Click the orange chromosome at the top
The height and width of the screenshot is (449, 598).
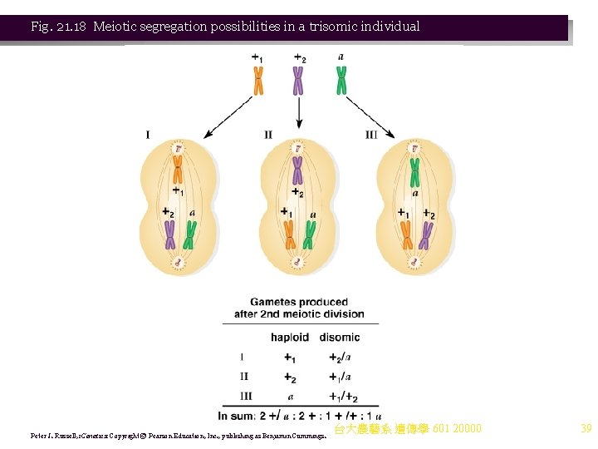click(x=258, y=81)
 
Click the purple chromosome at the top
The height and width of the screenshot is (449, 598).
click(x=298, y=81)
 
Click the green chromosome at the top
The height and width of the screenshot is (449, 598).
click(x=341, y=81)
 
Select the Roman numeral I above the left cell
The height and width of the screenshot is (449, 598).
click(x=148, y=134)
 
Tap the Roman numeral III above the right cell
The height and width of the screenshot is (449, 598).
click(x=370, y=134)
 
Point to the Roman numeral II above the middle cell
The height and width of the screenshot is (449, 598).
click(x=268, y=134)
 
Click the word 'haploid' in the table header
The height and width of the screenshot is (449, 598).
click(x=290, y=338)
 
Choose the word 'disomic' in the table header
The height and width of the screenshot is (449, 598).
click(x=340, y=338)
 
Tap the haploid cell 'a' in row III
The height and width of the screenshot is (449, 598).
click(x=290, y=396)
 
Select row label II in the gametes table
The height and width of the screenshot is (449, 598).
click(x=243, y=377)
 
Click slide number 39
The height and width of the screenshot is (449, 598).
click(x=586, y=429)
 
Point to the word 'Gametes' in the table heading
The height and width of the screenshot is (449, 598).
click(x=276, y=302)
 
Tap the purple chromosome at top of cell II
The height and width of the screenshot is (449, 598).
click(x=297, y=170)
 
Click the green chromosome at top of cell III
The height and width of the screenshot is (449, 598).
click(x=414, y=173)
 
